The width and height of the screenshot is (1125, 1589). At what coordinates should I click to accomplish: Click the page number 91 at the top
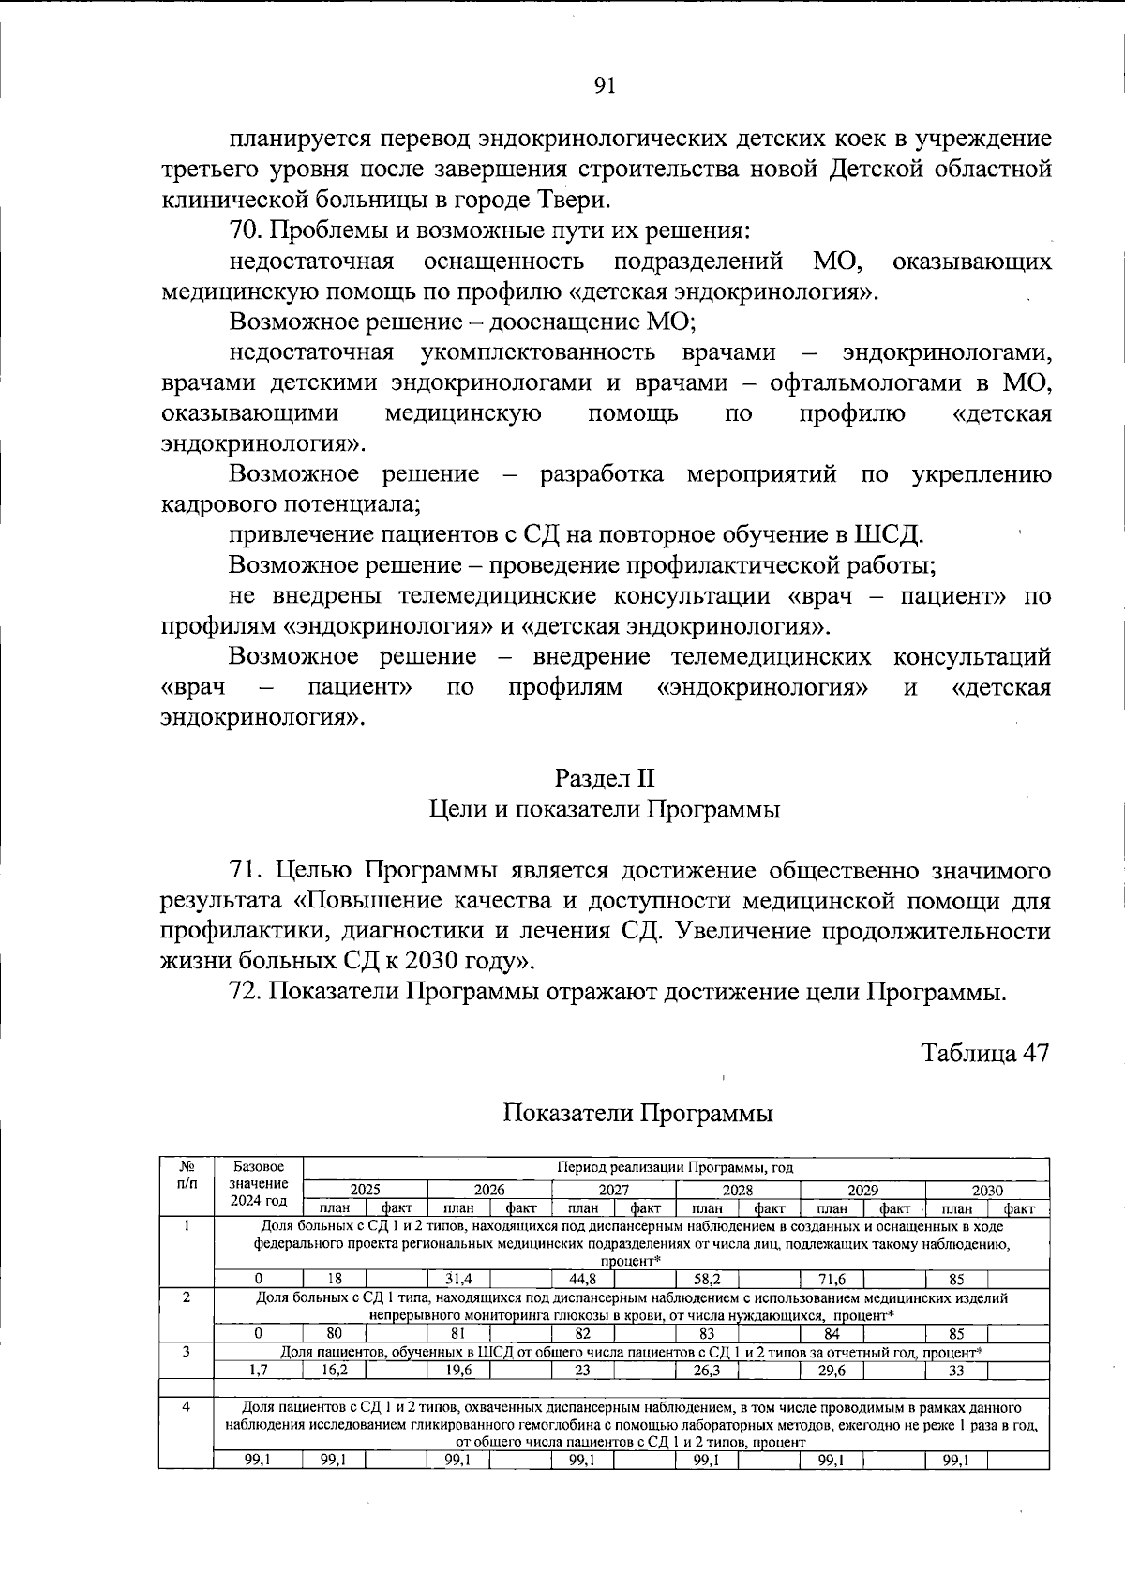(x=605, y=85)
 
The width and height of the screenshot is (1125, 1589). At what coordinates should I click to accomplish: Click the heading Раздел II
(x=605, y=778)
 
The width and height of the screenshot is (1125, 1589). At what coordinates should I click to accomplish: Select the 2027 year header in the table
(x=613, y=1190)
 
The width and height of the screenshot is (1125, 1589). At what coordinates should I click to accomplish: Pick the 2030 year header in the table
(x=986, y=1190)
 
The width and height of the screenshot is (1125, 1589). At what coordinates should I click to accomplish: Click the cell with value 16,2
(x=334, y=1370)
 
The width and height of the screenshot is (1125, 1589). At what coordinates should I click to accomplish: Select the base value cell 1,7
(x=258, y=1370)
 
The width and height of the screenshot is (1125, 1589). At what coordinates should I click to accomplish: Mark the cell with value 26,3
(x=707, y=1370)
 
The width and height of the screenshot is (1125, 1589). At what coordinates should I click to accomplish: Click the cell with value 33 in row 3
(x=956, y=1370)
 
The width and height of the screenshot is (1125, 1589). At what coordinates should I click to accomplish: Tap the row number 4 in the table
(x=187, y=1407)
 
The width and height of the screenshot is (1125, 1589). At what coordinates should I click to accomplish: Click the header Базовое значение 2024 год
(x=259, y=1184)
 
